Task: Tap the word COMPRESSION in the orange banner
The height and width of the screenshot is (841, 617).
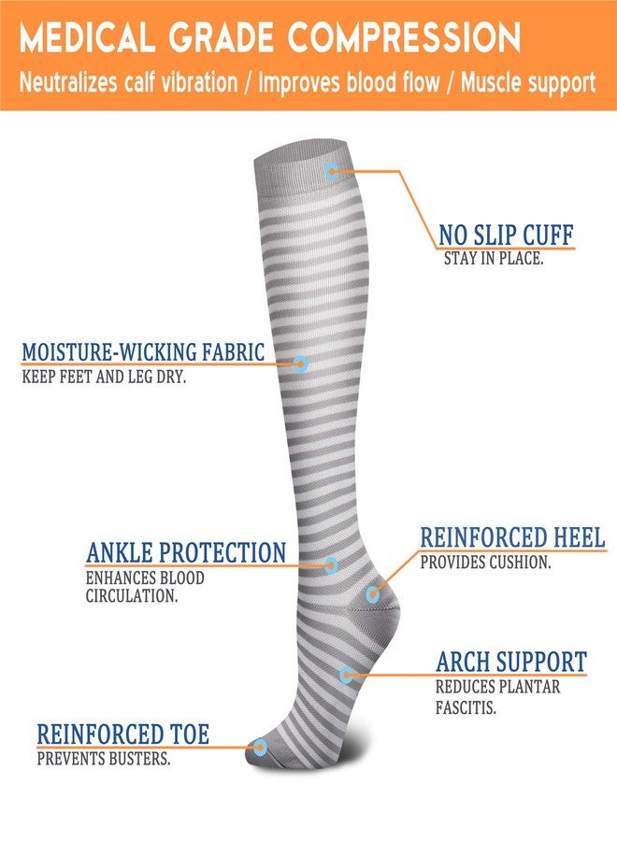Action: point(404,37)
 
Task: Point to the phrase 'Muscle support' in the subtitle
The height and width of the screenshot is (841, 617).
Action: point(528,84)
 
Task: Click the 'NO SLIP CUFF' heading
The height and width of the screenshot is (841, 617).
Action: point(506,235)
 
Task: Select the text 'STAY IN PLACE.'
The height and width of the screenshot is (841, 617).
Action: point(494,259)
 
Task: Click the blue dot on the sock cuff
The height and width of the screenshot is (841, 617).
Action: point(332,172)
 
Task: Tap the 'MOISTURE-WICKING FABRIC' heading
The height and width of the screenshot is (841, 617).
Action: point(143,352)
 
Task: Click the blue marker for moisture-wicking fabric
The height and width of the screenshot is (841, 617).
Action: point(300,363)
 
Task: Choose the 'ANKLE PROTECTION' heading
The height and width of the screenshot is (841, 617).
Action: point(186,552)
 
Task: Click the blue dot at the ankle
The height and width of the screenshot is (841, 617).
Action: point(331,564)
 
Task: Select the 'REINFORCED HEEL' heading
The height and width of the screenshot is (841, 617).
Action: point(512,537)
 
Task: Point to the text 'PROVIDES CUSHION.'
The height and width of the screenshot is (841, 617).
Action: point(485,563)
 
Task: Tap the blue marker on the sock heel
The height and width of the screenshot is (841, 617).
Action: point(372,594)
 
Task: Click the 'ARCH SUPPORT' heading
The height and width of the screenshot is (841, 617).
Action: point(511,662)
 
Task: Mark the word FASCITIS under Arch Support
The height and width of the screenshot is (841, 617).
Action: point(466,707)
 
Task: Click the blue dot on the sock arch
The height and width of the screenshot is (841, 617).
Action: point(347,675)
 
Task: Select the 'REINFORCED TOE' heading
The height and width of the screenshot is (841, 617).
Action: point(122,734)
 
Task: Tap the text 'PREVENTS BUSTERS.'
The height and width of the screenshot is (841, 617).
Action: point(104,759)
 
